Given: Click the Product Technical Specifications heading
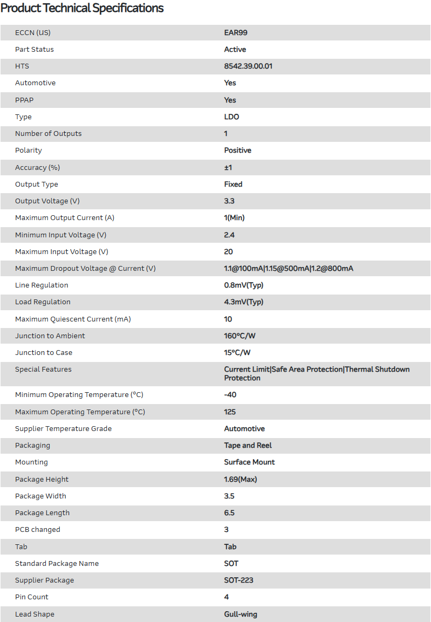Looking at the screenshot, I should (x=82, y=8).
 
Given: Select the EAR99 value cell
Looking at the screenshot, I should (x=236, y=32).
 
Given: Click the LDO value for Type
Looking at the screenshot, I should (x=231, y=117).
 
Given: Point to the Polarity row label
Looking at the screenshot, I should (x=29, y=150).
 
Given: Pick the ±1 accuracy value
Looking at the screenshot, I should (x=228, y=167).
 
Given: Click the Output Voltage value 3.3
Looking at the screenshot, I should (x=229, y=201).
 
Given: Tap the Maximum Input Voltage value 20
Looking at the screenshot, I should (x=229, y=251).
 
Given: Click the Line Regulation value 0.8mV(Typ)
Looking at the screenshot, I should (x=244, y=285).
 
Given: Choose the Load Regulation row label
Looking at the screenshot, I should (x=43, y=302).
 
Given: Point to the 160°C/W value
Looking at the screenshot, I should (x=240, y=336).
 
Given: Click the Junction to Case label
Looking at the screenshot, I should (x=44, y=352).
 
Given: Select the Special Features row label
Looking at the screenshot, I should (x=43, y=369).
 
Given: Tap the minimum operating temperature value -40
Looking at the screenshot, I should (x=230, y=394).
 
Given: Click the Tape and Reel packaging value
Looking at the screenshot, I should (x=248, y=445).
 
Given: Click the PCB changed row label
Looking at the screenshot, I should (x=38, y=529).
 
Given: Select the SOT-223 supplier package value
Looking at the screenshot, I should (x=239, y=580).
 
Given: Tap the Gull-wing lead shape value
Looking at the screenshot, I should (x=241, y=614).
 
